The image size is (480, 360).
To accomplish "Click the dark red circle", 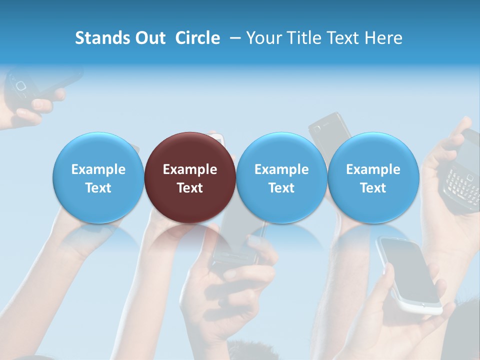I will tap(190, 177).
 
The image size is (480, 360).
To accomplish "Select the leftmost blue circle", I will tap(98, 177).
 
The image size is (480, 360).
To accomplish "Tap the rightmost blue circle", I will tap(373, 177).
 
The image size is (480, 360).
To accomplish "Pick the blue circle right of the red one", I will tap(281, 177).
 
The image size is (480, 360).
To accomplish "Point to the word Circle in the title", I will tap(197, 38).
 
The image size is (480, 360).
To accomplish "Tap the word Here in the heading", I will tap(383, 38).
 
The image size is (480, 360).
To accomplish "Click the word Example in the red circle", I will tap(190, 169).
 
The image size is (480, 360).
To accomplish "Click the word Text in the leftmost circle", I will tap(98, 188).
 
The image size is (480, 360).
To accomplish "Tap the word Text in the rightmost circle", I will tap(373, 188).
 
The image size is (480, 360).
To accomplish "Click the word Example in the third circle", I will tap(281, 169).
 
